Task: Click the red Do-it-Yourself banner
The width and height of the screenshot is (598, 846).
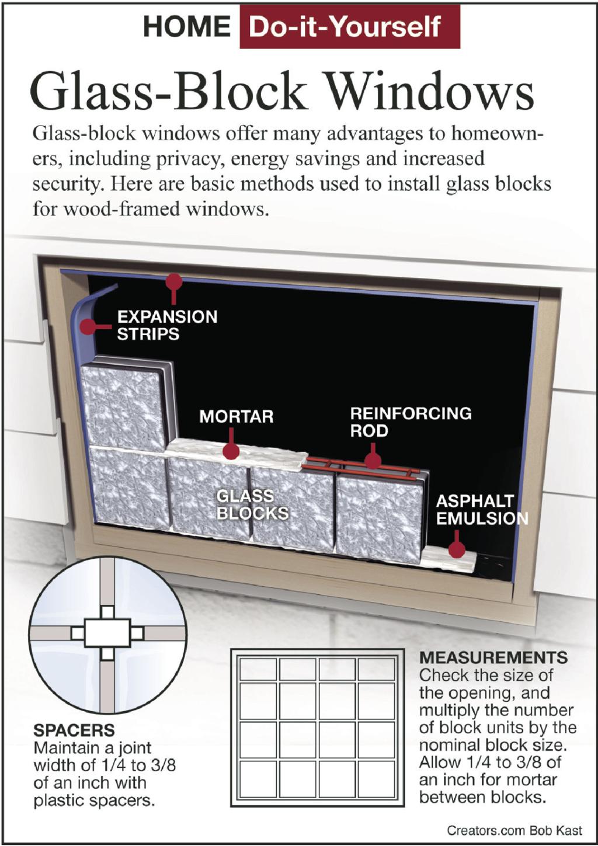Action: click(350, 27)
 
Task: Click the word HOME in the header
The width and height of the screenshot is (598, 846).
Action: click(187, 27)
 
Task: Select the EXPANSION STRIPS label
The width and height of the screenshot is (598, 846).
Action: click(168, 325)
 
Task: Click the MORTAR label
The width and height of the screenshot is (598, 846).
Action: click(236, 416)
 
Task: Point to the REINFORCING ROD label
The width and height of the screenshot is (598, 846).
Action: click(411, 422)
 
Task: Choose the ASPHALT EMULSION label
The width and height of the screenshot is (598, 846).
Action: click(482, 510)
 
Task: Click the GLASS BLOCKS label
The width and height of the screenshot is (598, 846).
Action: click(252, 505)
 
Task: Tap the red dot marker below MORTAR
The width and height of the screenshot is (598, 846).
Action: click(231, 451)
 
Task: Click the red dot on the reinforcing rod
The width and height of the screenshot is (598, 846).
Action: click(373, 461)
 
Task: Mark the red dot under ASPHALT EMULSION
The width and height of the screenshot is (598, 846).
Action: click(457, 549)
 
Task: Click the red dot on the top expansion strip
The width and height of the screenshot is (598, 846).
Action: click(174, 282)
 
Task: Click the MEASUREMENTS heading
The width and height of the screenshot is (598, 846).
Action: click(493, 657)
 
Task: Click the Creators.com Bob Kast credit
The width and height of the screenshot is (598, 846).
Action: click(514, 830)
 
